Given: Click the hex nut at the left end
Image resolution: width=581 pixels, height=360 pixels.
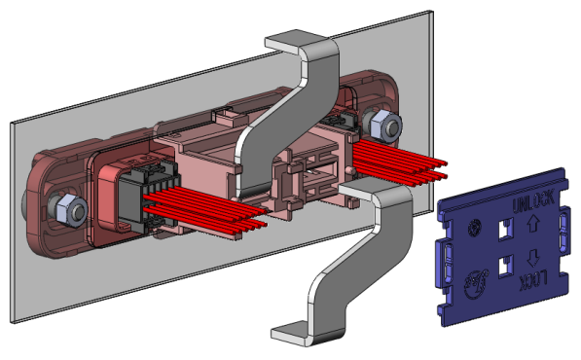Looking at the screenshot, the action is [71, 210].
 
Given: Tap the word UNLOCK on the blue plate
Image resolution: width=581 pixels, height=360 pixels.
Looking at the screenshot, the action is [533, 201].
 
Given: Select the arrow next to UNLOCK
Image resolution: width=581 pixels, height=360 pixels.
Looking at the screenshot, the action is [532, 225].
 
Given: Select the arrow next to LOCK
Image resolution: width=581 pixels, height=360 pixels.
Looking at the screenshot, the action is [533, 258].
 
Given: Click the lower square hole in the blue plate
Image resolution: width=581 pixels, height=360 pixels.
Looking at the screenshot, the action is [506, 266].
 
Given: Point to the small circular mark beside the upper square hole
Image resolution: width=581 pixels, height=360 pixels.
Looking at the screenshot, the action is [474, 228].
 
